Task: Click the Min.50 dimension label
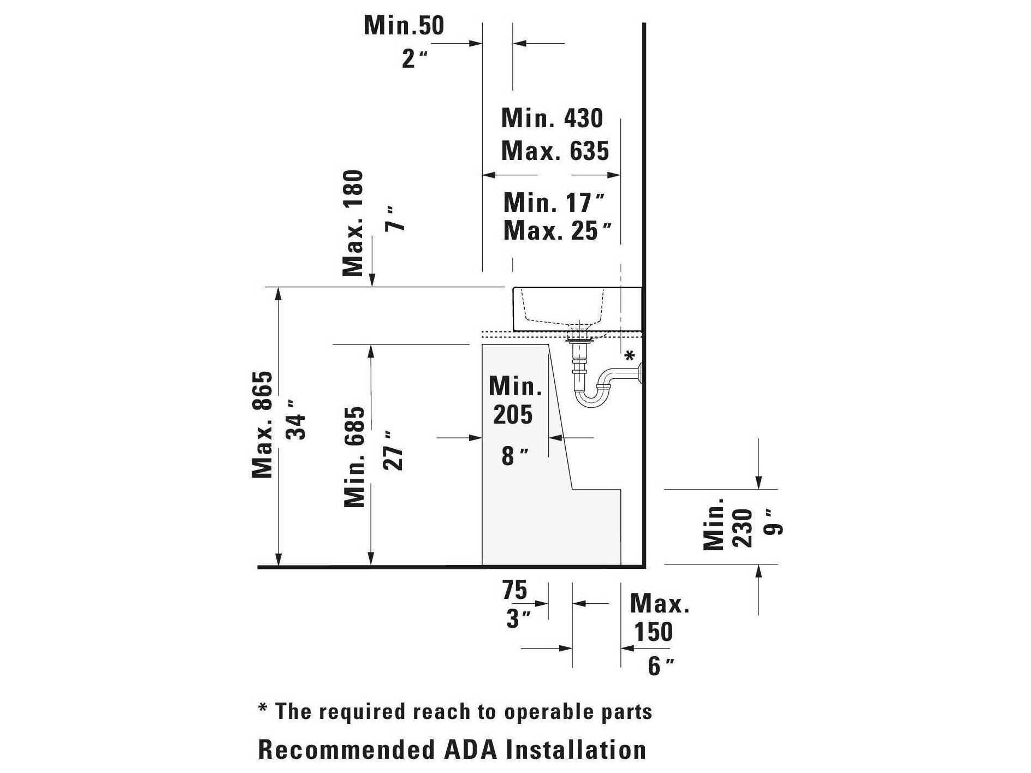[404, 25]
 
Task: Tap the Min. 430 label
[552, 118]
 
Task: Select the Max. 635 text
[555, 151]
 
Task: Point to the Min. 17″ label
[554, 203]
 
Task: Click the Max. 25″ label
[557, 230]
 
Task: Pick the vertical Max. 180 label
[353, 223]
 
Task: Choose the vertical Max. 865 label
[262, 425]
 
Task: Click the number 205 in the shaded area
[512, 414]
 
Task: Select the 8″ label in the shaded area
[515, 456]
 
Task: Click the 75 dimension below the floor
[515, 590]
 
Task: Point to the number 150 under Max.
[653, 632]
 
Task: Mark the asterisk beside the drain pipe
[630, 356]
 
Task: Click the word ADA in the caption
[471, 750]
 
